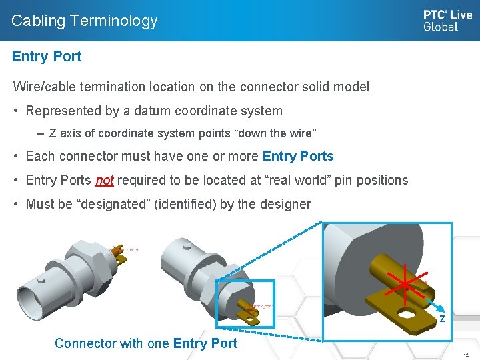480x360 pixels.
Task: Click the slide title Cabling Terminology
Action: [x=85, y=21]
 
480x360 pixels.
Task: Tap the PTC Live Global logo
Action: [x=447, y=21]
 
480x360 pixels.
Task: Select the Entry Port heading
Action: [x=47, y=57]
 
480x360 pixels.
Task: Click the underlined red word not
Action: [x=105, y=181]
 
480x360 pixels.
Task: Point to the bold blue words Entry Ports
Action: [x=298, y=157]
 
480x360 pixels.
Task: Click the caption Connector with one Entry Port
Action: [x=146, y=343]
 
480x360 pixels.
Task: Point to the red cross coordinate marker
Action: [x=404, y=285]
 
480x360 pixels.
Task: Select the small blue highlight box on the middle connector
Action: [x=245, y=304]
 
